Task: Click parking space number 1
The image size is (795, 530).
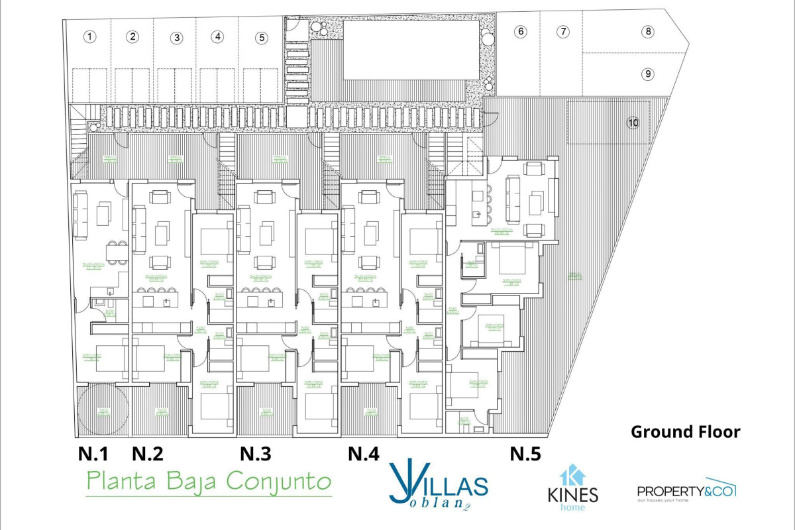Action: (x=90, y=37)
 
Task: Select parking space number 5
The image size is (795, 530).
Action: (x=262, y=37)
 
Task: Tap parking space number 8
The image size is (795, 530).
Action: (x=648, y=31)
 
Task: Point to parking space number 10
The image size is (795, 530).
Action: (x=633, y=122)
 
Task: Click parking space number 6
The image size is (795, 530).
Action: (x=521, y=31)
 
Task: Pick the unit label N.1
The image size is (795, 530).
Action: (x=93, y=454)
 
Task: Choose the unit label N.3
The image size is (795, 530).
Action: (x=255, y=454)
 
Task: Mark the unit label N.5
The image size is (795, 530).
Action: (x=525, y=454)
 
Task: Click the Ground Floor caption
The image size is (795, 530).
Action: (x=685, y=432)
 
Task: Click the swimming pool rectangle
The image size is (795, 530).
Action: (x=411, y=50)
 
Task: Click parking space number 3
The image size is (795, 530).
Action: (x=176, y=38)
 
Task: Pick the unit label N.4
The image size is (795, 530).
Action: (x=364, y=454)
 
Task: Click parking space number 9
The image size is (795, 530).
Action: (x=648, y=74)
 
